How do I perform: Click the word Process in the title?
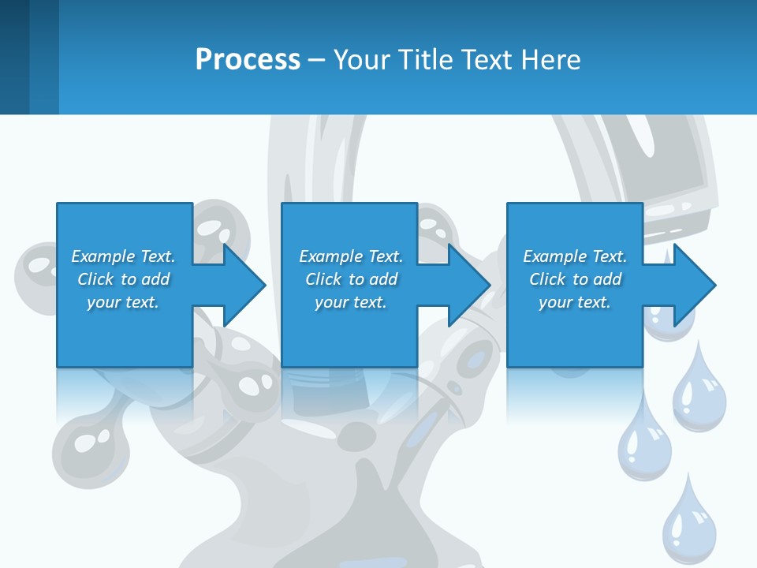(248, 59)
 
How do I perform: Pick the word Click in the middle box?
(323, 279)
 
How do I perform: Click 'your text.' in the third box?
(575, 302)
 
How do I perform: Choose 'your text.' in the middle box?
(351, 302)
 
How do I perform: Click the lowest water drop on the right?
(689, 525)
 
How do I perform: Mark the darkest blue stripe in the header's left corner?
(14, 57)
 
